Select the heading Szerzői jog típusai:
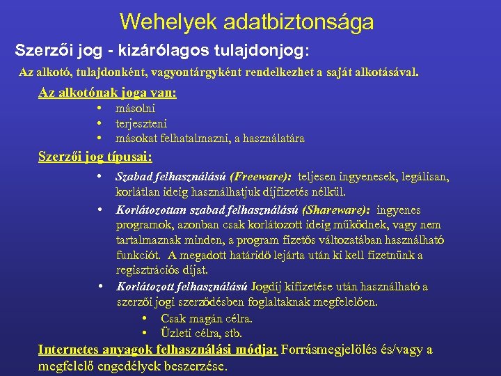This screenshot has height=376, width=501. pos(95,157)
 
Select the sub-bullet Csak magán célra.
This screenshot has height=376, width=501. pos(206,318)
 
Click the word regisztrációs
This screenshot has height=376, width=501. pos(148,270)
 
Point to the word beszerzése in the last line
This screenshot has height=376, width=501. pos(198,366)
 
